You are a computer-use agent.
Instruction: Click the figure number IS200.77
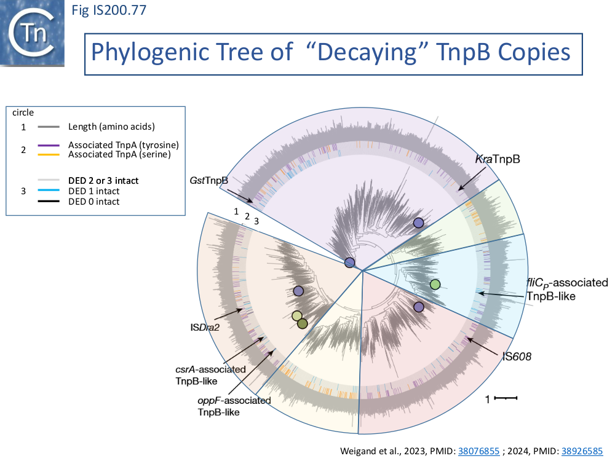coord(109,10)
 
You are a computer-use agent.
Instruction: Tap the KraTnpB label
coord(498,160)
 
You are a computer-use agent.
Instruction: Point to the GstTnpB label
coord(208,181)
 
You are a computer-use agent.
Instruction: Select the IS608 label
coord(516,356)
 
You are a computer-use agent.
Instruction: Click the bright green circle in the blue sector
coord(435,284)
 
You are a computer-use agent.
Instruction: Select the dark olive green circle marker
coord(302,323)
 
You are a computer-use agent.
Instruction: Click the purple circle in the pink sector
coord(419,307)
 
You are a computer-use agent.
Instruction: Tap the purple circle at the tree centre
coord(350,262)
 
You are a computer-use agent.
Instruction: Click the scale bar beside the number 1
coord(506,398)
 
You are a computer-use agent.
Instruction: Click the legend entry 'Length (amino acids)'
coord(111,127)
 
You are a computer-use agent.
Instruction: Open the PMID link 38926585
coord(581,451)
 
